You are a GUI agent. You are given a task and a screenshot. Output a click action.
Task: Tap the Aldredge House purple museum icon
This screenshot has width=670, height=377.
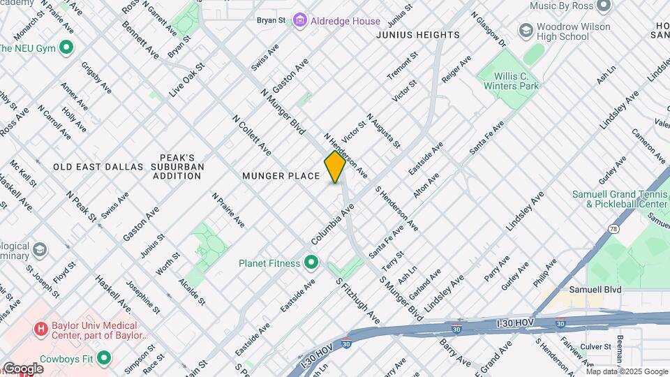(300, 21)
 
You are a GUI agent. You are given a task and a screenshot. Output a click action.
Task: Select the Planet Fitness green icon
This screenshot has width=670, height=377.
(311, 263)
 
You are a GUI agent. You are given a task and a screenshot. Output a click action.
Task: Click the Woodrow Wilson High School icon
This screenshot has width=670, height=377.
(526, 31)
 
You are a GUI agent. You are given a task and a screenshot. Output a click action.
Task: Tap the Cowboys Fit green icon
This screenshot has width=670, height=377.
(104, 358)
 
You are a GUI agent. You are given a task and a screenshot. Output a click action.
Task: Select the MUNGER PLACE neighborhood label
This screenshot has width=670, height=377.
(281, 176)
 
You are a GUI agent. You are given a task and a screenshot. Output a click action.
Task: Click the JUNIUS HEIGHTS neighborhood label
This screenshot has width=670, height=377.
(417, 35)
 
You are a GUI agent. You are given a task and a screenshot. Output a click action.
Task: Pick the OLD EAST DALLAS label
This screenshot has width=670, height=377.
(98, 167)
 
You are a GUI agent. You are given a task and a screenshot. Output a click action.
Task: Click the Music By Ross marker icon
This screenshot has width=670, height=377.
(604, 6)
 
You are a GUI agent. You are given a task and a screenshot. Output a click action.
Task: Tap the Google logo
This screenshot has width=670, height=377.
(23, 368)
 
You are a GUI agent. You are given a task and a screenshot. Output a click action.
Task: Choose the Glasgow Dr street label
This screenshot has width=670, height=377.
(489, 28)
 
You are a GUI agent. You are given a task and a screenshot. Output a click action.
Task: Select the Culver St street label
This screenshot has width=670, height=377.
(595, 346)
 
